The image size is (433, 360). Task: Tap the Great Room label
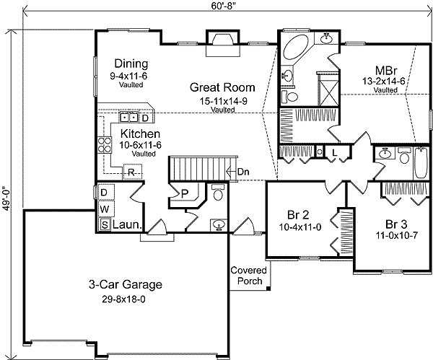point(222,87)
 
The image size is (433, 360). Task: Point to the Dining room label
point(131,63)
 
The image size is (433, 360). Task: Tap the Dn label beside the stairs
point(243,172)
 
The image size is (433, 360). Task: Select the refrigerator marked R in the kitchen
point(132,172)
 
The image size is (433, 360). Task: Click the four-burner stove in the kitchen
point(105,145)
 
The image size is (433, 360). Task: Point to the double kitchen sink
point(129,118)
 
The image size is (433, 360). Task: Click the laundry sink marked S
point(105,224)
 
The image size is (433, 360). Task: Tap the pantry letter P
point(185,193)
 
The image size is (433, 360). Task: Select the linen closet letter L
point(334,153)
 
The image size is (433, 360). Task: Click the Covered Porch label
point(248,276)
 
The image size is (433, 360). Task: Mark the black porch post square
point(268,289)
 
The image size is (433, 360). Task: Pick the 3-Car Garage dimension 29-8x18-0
point(123,299)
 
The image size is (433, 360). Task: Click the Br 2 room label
point(298,214)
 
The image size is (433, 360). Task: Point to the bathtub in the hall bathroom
point(421,163)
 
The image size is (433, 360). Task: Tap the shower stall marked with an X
point(329,90)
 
